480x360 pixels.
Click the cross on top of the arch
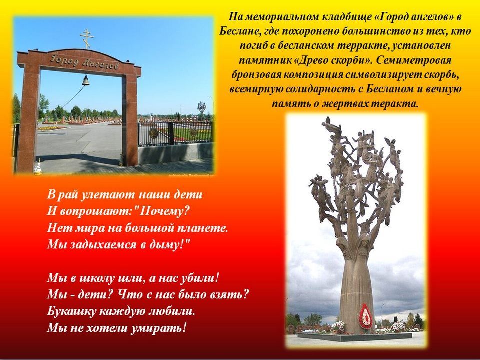87,39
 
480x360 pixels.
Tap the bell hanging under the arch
85,81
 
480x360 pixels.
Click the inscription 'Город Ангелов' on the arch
84,62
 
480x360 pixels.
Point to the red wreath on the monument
365,316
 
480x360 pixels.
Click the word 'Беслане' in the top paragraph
239,31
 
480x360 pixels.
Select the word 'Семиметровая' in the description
414,60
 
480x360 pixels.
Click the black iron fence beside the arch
175,133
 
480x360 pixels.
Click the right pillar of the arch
130,120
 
